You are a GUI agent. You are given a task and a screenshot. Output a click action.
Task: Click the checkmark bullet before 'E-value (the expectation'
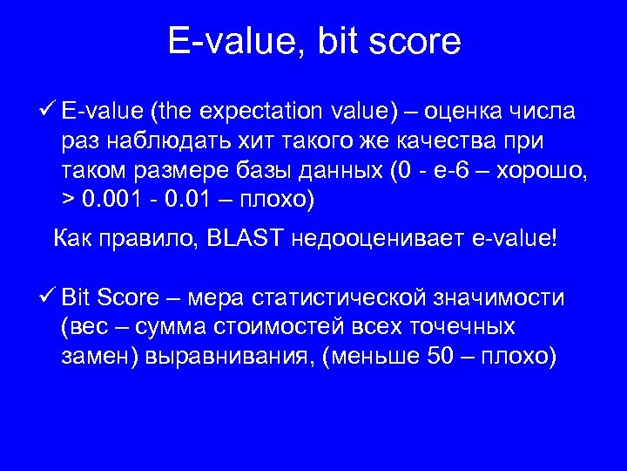point(49,112)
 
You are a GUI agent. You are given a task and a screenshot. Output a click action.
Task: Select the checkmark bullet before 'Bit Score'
point(49,297)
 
